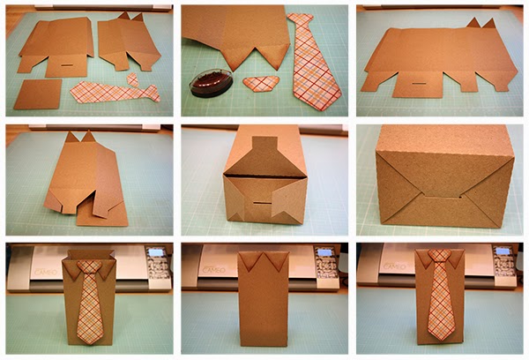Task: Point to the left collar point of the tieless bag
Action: (x=246, y=259)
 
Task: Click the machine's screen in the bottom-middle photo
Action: (x=326, y=255)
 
